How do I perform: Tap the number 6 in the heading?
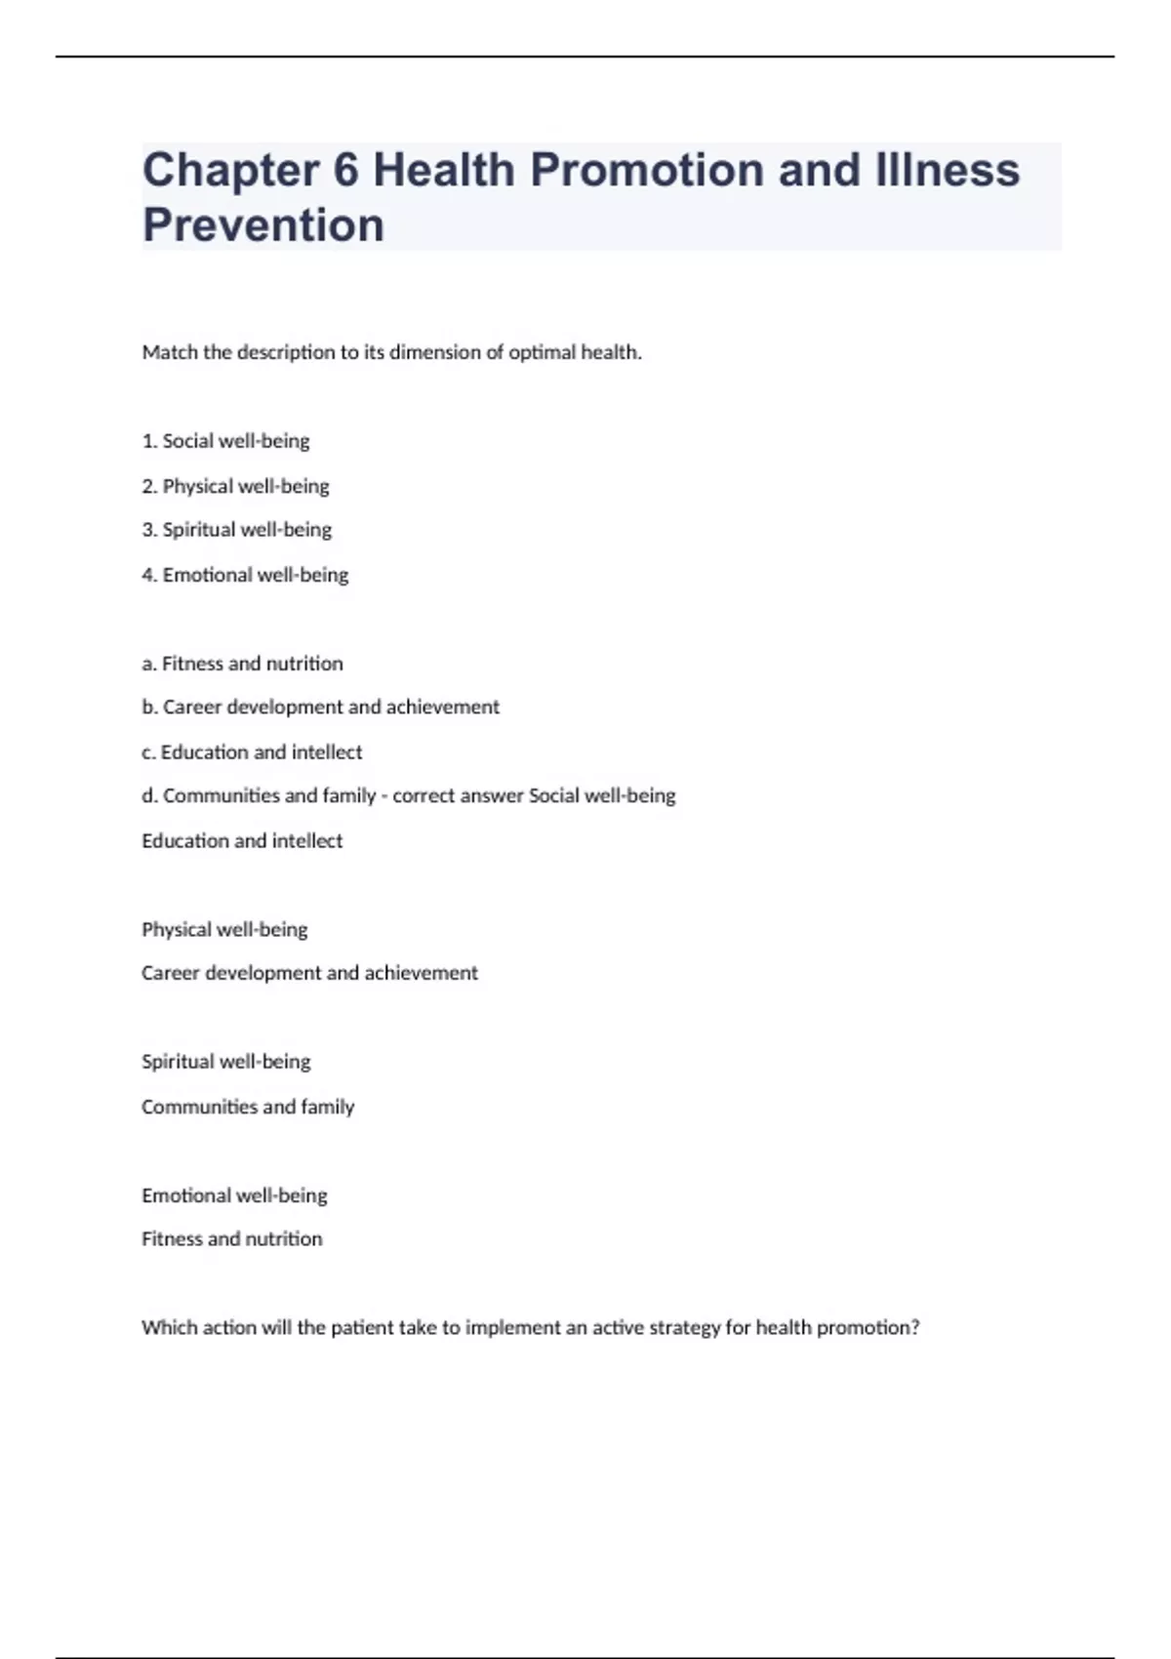pyautogui.click(x=346, y=170)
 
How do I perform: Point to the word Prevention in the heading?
pyautogui.click(x=263, y=225)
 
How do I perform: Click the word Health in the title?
pyautogui.click(x=444, y=170)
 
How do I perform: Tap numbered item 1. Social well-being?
pyautogui.click(x=225, y=441)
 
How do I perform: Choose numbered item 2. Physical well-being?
pyautogui.click(x=235, y=486)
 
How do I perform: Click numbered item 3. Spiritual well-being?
pyautogui.click(x=236, y=530)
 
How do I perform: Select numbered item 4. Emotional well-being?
pyautogui.click(x=245, y=575)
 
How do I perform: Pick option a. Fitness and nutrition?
pyautogui.click(x=242, y=664)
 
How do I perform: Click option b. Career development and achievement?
pyautogui.click(x=320, y=708)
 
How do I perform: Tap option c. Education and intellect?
pyautogui.click(x=252, y=752)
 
